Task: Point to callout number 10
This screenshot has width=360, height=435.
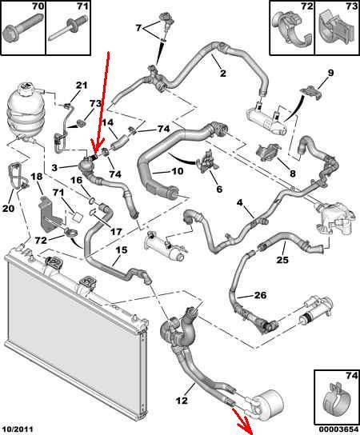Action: click(x=177, y=171)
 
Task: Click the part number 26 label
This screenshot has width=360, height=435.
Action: click(x=261, y=294)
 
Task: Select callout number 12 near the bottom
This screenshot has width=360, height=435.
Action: click(x=182, y=400)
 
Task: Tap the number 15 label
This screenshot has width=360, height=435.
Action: click(x=122, y=249)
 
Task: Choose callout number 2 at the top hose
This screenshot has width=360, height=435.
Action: click(x=222, y=73)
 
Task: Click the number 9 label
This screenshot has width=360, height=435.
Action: click(x=330, y=73)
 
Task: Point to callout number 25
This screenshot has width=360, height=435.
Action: click(x=282, y=260)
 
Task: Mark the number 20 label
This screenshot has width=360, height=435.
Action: click(x=8, y=208)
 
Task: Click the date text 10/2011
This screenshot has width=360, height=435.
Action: click(x=18, y=429)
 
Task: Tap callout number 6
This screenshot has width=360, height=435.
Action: click(x=219, y=189)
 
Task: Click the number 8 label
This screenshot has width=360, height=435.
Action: click(x=292, y=174)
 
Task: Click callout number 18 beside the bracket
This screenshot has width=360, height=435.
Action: click(x=37, y=177)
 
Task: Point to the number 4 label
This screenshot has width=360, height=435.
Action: click(x=239, y=202)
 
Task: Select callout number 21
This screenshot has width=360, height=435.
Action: click(x=82, y=86)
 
